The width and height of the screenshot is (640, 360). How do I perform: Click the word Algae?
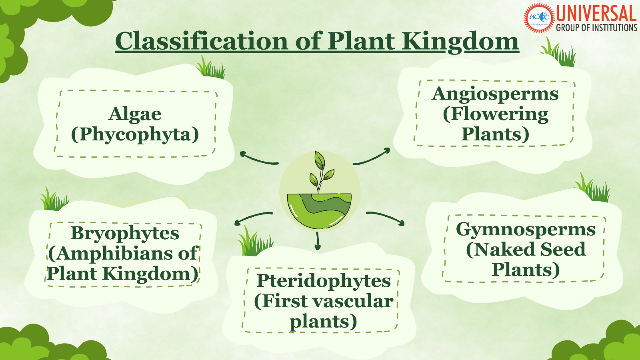tap(135, 115)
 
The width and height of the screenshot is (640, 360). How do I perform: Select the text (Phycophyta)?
tap(135, 135)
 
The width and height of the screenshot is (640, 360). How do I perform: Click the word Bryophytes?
tap(125, 234)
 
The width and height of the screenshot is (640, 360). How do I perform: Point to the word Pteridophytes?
tap(323, 281)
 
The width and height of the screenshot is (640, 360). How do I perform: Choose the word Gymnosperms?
tap(526, 230)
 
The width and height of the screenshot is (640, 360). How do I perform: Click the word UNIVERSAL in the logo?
tap(596, 14)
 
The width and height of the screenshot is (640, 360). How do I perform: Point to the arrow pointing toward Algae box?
tap(258, 158)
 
